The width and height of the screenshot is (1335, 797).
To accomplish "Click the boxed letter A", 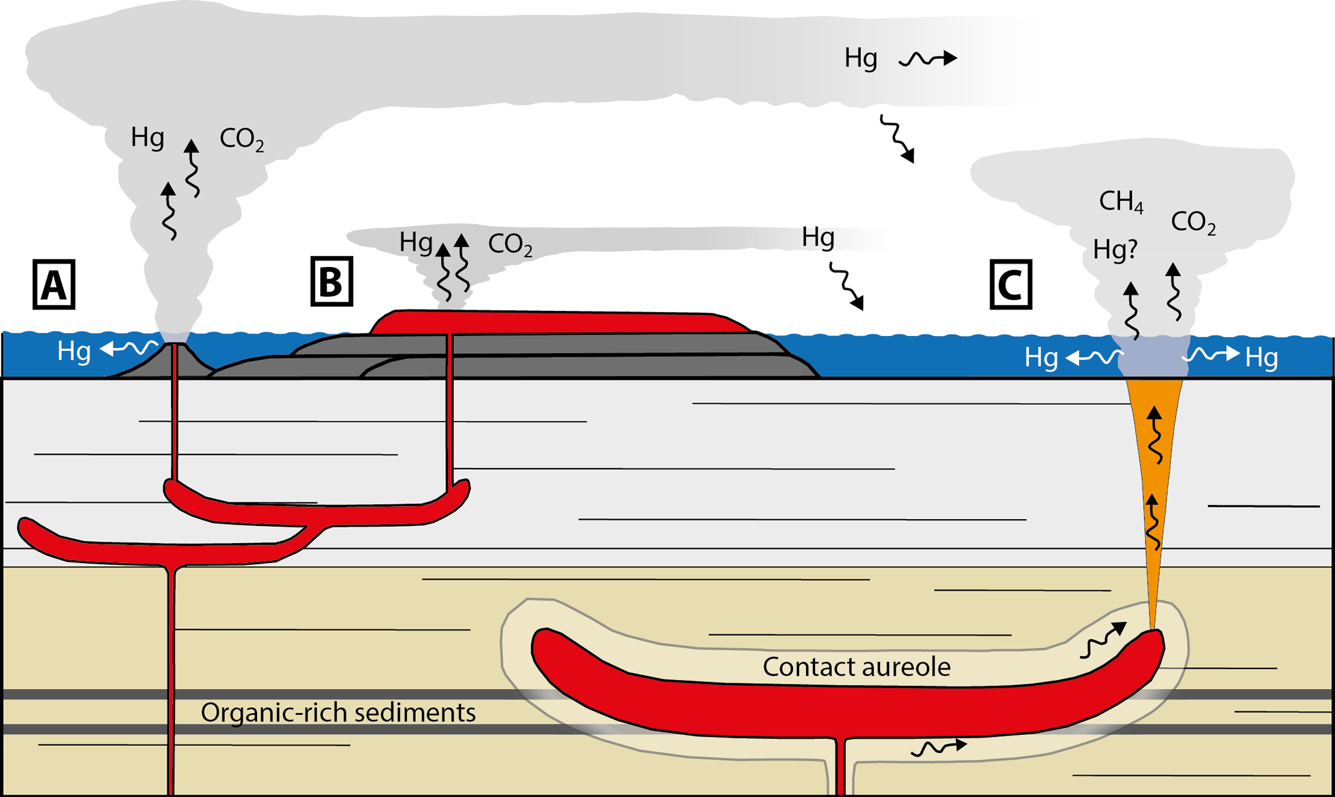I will [54, 285].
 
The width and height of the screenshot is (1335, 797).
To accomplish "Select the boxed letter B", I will [331, 281].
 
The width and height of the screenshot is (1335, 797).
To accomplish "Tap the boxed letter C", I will [1011, 285].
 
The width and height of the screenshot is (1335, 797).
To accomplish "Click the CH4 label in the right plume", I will [1121, 202].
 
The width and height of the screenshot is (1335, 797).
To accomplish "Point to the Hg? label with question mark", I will [1115, 250].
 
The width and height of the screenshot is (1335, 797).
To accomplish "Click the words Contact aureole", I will [856, 667].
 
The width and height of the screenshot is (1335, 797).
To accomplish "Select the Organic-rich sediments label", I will [338, 712].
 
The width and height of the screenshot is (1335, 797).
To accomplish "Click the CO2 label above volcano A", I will [242, 139].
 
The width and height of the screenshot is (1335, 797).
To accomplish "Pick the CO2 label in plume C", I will [1193, 223].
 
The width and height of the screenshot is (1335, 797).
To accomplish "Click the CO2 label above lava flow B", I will [510, 245].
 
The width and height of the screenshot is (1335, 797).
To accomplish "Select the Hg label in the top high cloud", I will [860, 59].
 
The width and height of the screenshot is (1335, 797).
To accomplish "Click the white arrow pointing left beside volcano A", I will [129, 349].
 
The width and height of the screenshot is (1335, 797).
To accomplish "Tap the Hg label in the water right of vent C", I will [1261, 357].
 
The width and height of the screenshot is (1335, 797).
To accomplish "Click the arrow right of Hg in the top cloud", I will [928, 59].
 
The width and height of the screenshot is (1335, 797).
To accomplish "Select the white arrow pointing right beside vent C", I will [1211, 354].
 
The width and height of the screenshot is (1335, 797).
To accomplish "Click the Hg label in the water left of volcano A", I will [74, 352].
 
